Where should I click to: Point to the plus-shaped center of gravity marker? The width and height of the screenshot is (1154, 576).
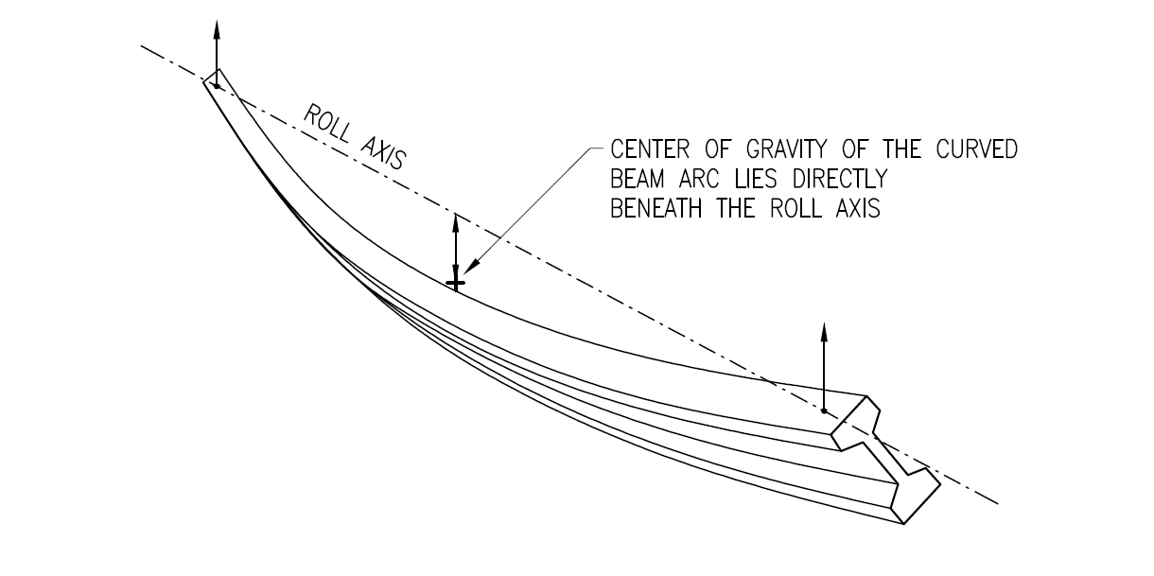point(456,283)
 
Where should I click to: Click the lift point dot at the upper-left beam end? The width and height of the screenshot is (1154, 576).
point(217,86)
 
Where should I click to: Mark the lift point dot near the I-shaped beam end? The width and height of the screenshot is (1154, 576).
point(824,411)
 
